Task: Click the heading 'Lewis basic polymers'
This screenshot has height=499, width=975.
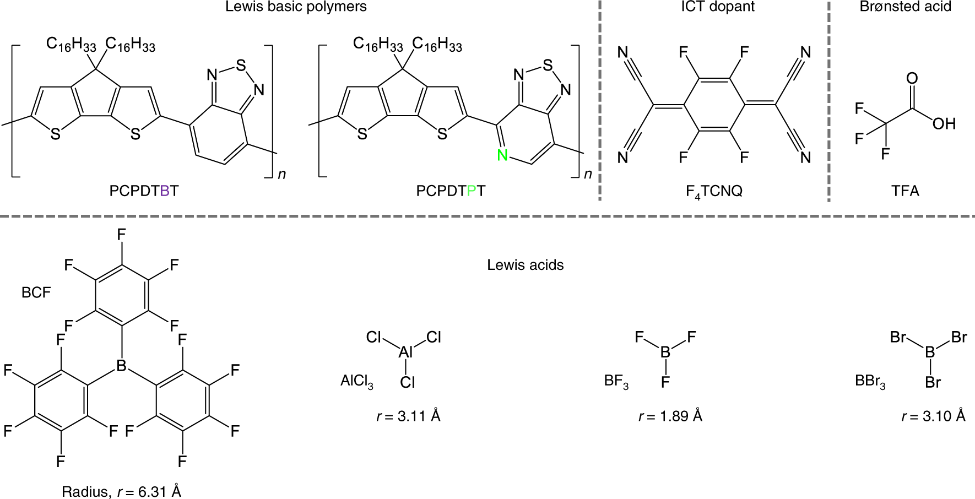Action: [x=296, y=7]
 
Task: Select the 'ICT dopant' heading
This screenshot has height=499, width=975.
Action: [x=717, y=7]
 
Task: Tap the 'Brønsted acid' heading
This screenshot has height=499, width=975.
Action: [x=905, y=7]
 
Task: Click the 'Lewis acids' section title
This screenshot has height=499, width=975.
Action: [x=525, y=265]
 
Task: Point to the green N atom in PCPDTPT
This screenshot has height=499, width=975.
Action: [x=502, y=156]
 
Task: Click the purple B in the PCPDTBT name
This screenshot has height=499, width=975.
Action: [x=164, y=191]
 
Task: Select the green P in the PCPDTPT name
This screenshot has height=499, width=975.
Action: [x=472, y=191]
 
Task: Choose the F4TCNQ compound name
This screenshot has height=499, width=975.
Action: [x=714, y=192]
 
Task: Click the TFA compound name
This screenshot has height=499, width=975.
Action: [x=905, y=191]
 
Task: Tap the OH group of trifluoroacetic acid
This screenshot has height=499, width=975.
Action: [x=944, y=124]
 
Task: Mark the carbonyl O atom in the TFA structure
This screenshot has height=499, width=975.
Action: [x=912, y=78]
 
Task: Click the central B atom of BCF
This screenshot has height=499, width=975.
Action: [x=122, y=365]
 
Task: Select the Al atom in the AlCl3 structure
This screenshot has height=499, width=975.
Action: [x=406, y=352]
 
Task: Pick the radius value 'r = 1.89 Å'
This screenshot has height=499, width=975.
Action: [x=670, y=416]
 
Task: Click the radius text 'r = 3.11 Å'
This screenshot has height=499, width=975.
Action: [x=408, y=416]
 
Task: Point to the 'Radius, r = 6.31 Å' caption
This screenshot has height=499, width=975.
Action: [x=121, y=491]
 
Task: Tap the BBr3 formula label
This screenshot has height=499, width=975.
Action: [x=870, y=381]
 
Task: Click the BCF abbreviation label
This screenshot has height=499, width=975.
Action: [x=36, y=292]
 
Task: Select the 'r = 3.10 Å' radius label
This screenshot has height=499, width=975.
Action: [x=933, y=416]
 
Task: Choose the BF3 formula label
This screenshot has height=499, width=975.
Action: [x=616, y=381]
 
